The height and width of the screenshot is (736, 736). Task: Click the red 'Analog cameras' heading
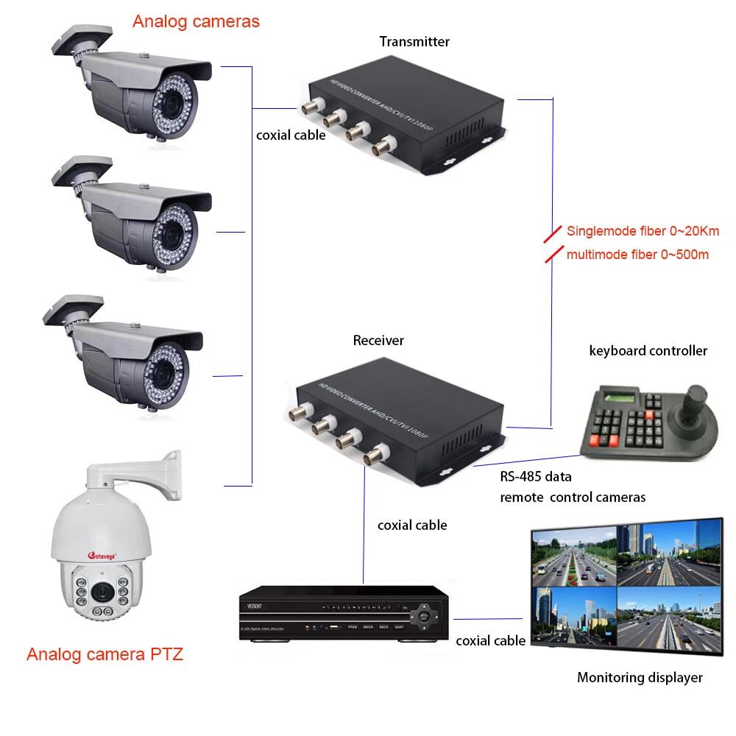point(196,21)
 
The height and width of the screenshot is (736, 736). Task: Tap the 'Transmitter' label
point(414,42)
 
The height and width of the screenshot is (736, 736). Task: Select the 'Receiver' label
point(378,341)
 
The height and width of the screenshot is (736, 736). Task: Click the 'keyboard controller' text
point(648,350)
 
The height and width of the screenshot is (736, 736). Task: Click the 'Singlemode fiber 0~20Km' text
point(643,231)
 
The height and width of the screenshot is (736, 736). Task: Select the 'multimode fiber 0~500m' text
point(637,255)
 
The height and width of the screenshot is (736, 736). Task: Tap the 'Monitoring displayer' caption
point(639,677)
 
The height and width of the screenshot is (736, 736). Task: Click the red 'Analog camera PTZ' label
point(105,654)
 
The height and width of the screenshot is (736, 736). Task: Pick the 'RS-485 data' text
point(535,476)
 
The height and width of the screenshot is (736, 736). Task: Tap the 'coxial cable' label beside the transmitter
point(290,135)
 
